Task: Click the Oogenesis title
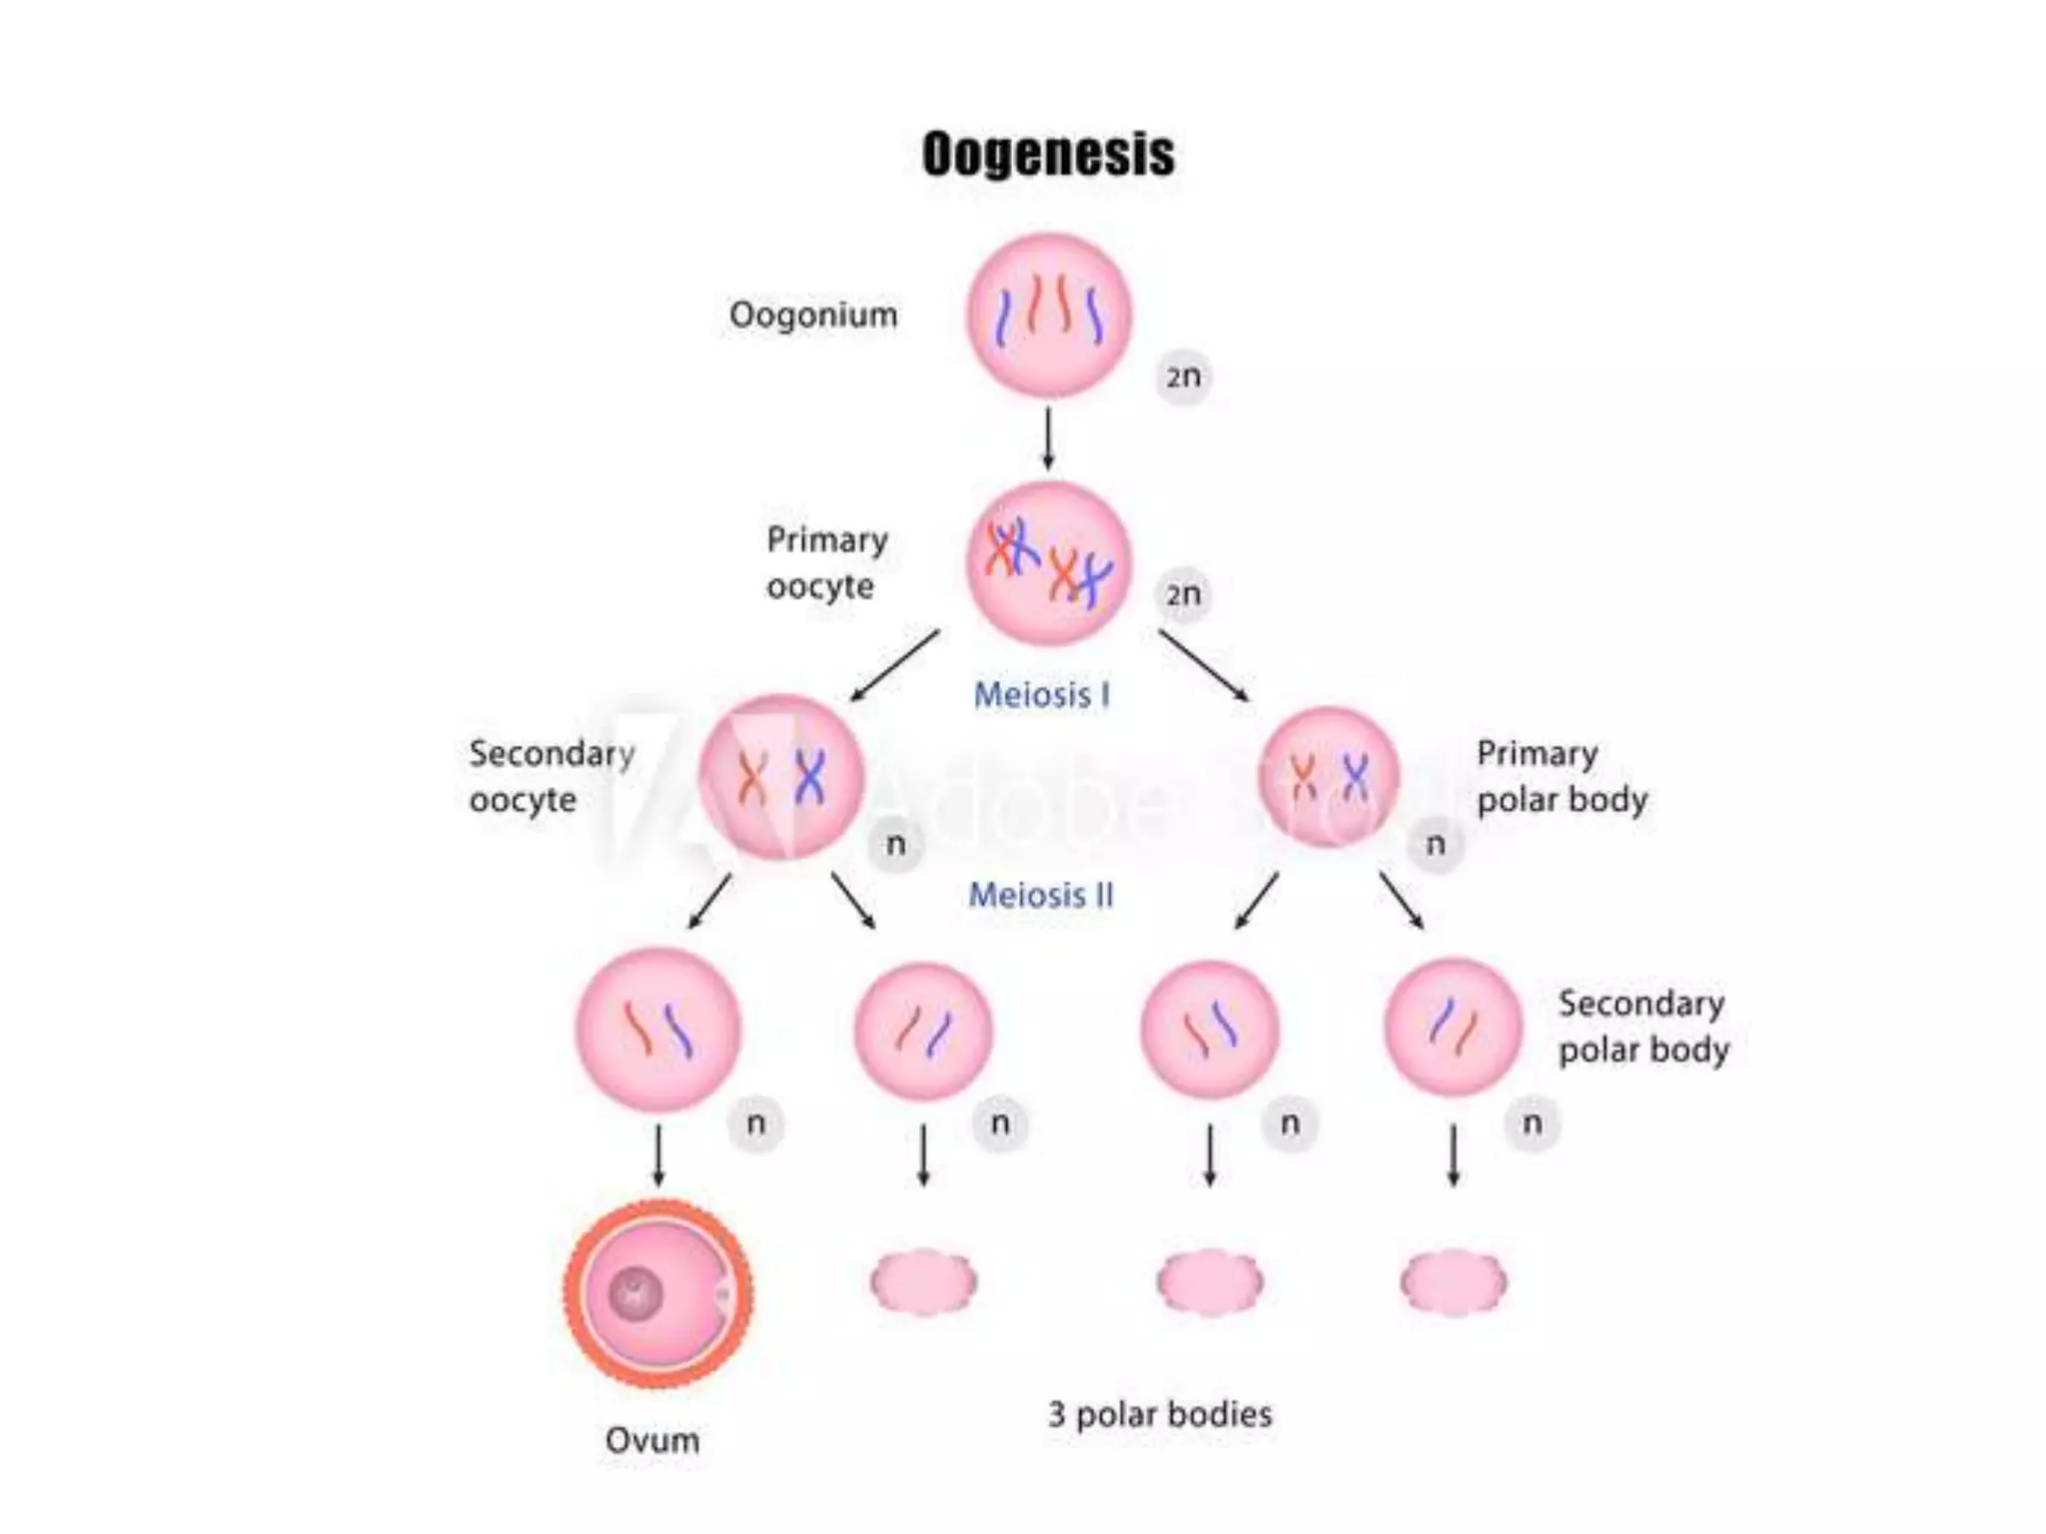tap(1048, 155)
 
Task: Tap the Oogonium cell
tap(1048, 315)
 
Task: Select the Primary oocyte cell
tap(1048, 562)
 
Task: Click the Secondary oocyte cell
tap(780, 777)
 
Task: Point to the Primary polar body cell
tap(1329, 776)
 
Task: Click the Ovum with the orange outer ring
tap(658, 1294)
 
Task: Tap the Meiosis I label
tap(1042, 695)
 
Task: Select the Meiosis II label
tap(1041, 895)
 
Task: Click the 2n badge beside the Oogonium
tap(1184, 377)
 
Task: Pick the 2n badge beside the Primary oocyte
tap(1184, 594)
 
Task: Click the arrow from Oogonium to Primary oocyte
tap(1048, 436)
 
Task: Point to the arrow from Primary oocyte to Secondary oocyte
tap(895, 664)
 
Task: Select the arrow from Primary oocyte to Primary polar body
tap(1204, 665)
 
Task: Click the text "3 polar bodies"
tap(1160, 1414)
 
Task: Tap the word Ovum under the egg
tap(652, 1440)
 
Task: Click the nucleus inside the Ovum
tap(635, 1294)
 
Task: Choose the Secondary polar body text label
tap(1643, 1027)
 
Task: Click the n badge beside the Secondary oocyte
tap(896, 844)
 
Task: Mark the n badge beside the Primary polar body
tap(1436, 844)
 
